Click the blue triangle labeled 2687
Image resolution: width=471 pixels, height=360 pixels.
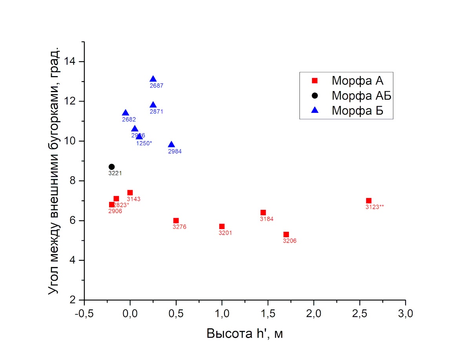click(x=153, y=79)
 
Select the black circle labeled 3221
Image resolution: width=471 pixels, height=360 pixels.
click(x=111, y=167)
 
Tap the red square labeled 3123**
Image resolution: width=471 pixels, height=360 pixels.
click(x=369, y=200)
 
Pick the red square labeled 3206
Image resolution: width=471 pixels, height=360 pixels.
click(x=286, y=235)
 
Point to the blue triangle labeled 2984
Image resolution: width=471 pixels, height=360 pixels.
click(x=171, y=145)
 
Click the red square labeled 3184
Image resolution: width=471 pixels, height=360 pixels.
click(x=263, y=213)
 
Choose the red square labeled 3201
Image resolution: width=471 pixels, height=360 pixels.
click(x=222, y=226)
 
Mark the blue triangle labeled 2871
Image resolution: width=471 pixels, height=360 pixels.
click(x=153, y=105)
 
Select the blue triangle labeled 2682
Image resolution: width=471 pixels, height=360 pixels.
click(x=126, y=113)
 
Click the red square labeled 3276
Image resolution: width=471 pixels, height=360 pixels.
click(x=176, y=220)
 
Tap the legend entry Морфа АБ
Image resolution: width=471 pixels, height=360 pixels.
click(x=361, y=95)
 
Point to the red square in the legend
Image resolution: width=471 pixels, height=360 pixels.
click(x=314, y=81)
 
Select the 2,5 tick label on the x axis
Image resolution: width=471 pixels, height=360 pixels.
click(x=360, y=314)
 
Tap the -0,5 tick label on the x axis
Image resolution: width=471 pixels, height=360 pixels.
click(x=84, y=314)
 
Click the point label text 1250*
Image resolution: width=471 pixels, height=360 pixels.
click(x=144, y=143)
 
